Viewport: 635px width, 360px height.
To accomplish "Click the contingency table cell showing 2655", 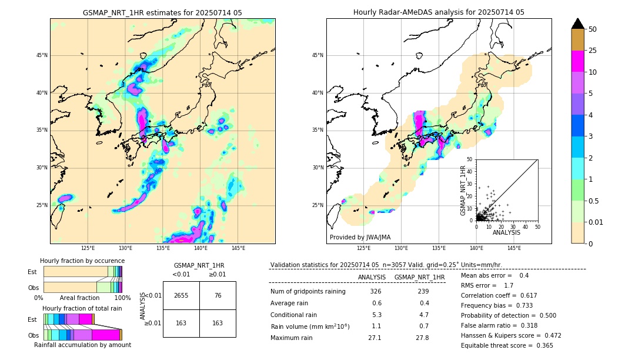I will tap(181, 296).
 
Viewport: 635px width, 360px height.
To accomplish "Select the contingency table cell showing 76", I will tap(218, 296).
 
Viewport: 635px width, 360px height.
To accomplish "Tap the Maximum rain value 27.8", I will tap(422, 338).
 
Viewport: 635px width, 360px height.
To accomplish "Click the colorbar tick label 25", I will tap(593, 51).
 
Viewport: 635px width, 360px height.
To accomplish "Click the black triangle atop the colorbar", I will tap(578, 24).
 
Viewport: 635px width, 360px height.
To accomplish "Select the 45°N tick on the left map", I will tap(42, 55).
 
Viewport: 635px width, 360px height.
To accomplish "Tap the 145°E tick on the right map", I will tap(514, 248).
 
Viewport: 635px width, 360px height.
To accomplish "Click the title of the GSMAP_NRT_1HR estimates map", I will tap(162, 12).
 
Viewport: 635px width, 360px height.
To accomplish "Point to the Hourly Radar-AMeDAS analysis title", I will tap(439, 12).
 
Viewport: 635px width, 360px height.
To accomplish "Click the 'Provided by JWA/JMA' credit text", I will tap(360, 237).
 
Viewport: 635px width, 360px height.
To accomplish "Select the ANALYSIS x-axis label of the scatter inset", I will tap(506, 233).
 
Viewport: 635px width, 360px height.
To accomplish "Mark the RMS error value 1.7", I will tap(509, 285).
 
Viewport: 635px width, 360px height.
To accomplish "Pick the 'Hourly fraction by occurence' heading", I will tap(82, 261).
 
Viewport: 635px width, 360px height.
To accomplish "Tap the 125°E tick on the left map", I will tap(88, 248).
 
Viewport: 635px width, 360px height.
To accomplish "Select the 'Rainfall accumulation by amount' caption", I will tap(86, 345).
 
